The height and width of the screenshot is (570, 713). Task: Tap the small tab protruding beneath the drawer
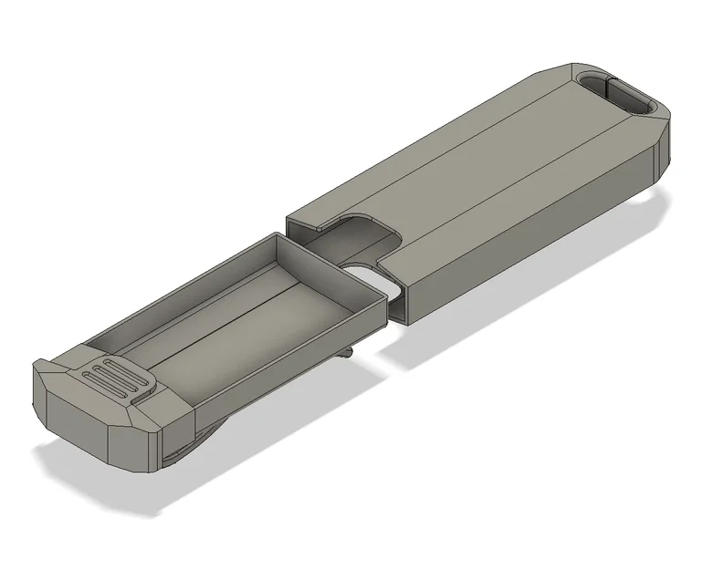(347, 351)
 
